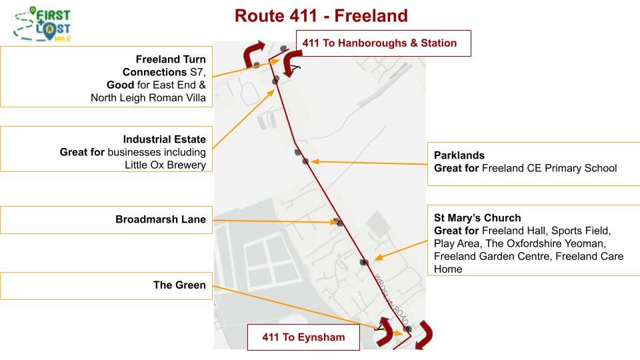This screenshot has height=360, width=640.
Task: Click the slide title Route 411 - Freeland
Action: pyautogui.click(x=321, y=15)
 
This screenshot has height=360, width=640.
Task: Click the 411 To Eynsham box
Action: pyautogui.click(x=303, y=337)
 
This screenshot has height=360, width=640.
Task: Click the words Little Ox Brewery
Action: pyautogui.click(x=165, y=165)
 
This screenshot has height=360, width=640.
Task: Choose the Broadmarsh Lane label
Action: pyautogui.click(x=160, y=219)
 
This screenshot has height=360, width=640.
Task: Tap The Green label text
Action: pyautogui.click(x=179, y=285)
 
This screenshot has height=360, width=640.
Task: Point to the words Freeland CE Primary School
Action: pyautogui.click(x=549, y=168)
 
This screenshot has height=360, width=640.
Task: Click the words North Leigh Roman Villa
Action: pyautogui.click(x=148, y=98)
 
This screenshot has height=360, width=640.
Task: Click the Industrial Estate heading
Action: pyautogui.click(x=164, y=139)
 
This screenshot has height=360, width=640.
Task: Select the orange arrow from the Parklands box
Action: pyautogui.click(x=367, y=161)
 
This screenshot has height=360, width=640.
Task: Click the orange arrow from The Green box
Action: pyautogui.click(x=307, y=308)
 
